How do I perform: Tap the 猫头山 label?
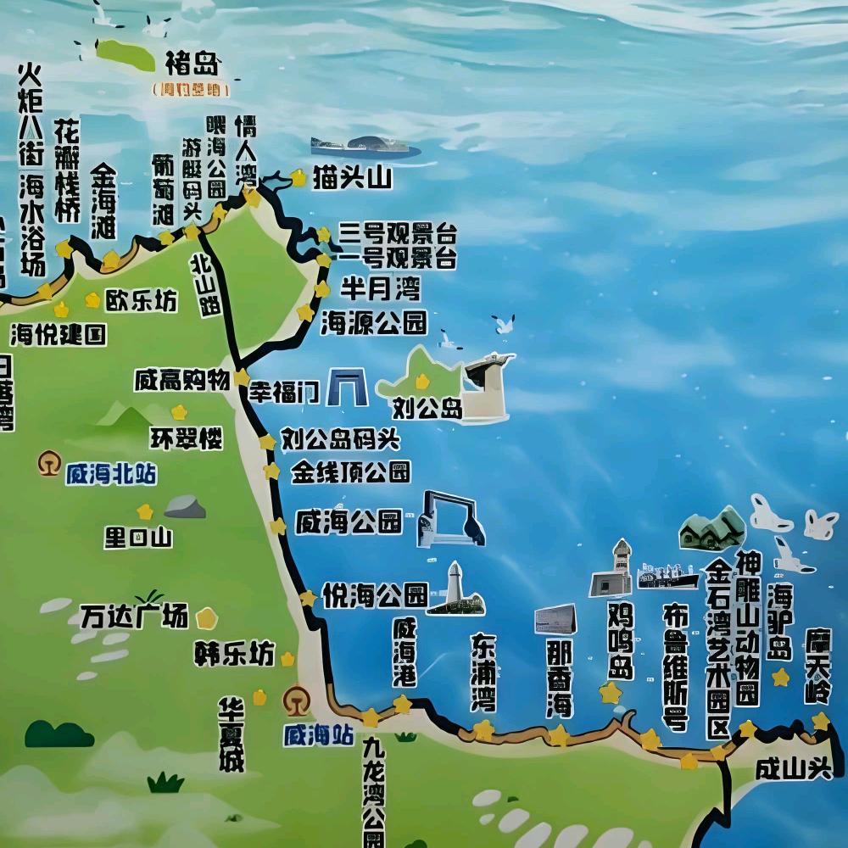[351, 178]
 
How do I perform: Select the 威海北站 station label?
[111, 474]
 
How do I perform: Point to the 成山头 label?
[792, 769]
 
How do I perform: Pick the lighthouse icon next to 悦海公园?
[455, 588]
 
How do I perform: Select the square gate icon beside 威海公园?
[449, 518]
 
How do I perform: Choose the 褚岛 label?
[192, 63]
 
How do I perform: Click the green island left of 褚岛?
[126, 54]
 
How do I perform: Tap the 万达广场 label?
[134, 616]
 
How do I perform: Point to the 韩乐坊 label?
[234, 655]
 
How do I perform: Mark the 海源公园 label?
[373, 322]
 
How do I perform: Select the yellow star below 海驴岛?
[781, 678]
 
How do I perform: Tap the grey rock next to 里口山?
[185, 507]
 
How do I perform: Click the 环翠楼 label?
[187, 438]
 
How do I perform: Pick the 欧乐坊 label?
[141, 300]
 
